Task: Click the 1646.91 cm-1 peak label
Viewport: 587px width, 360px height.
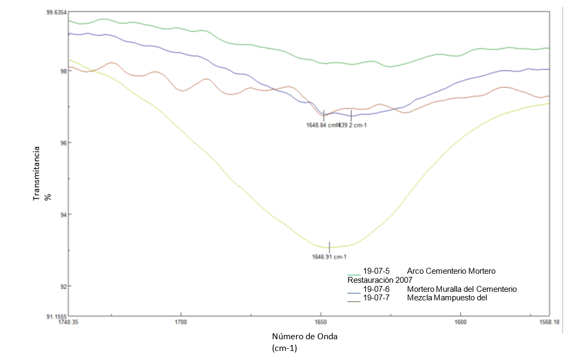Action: click(x=329, y=256)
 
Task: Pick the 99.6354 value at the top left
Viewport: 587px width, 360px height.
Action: click(x=56, y=12)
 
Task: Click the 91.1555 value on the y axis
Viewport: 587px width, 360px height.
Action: click(x=56, y=316)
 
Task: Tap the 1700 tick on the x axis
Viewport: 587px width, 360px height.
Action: click(x=181, y=322)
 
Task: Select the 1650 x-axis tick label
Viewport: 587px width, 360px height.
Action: click(x=320, y=322)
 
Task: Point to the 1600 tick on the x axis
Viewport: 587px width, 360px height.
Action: click(x=460, y=322)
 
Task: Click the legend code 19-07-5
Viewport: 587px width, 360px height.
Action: click(x=376, y=271)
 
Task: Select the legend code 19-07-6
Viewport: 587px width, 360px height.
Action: click(x=376, y=289)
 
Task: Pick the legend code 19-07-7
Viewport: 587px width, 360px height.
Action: click(x=376, y=298)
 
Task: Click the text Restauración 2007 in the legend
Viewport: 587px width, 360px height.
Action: click(x=379, y=280)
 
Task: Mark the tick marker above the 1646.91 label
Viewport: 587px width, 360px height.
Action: click(x=329, y=247)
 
